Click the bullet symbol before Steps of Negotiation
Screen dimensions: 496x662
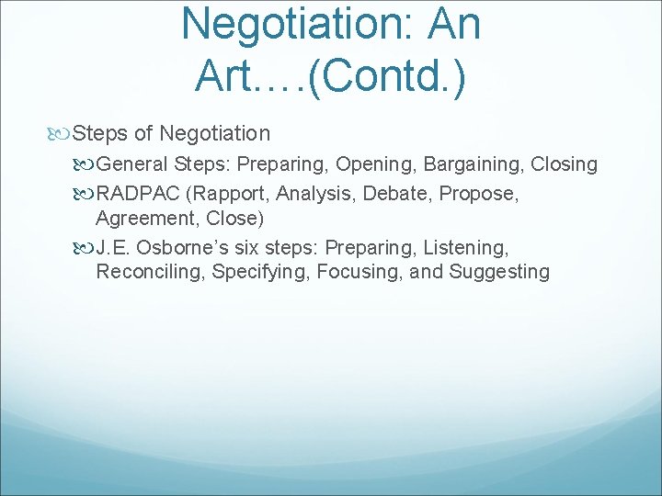pyautogui.click(x=60, y=134)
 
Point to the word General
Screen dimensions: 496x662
pyautogui.click(x=131, y=164)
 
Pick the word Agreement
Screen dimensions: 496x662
pyautogui.click(x=141, y=219)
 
